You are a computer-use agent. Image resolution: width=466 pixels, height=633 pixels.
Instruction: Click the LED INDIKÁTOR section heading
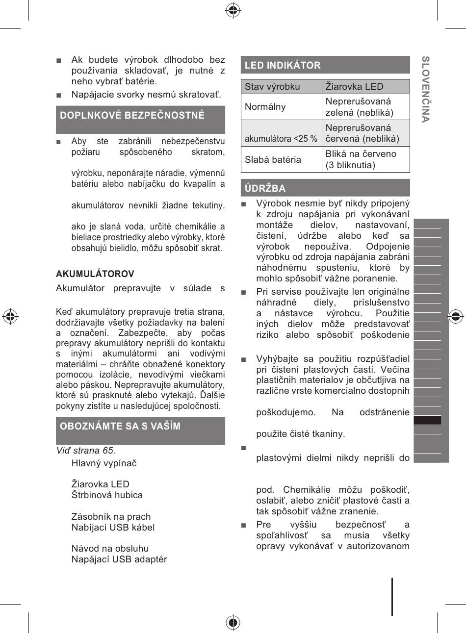(x=283, y=65)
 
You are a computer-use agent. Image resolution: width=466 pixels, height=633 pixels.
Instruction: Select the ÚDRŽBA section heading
(x=265, y=188)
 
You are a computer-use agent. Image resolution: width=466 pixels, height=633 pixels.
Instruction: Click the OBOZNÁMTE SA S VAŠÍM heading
(x=120, y=426)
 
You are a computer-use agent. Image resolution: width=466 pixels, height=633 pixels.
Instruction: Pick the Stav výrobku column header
(x=272, y=86)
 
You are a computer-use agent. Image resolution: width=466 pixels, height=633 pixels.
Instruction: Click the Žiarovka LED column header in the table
(x=354, y=86)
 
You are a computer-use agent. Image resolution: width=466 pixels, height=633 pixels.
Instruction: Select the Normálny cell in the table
(x=265, y=107)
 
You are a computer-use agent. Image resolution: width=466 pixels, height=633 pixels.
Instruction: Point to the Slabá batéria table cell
(x=273, y=159)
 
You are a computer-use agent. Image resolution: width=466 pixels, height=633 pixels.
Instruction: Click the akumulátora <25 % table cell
(x=281, y=138)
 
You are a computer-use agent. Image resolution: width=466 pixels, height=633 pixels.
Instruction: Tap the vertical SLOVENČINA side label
(x=426, y=89)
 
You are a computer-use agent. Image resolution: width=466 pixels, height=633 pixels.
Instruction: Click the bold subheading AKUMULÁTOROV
(x=95, y=274)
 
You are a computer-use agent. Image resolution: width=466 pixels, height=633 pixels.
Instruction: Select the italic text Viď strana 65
(x=86, y=450)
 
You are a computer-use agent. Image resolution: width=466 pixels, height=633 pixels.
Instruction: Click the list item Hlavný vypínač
(x=104, y=463)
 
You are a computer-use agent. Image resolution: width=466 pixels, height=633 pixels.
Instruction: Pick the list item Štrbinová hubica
(x=107, y=495)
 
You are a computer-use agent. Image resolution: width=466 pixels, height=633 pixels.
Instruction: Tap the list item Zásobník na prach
(x=111, y=516)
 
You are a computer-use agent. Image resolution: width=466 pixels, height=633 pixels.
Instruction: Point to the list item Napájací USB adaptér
(x=119, y=559)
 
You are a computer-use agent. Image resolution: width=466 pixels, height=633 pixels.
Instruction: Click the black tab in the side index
(x=427, y=420)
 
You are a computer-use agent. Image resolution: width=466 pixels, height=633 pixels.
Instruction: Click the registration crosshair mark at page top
(x=233, y=10)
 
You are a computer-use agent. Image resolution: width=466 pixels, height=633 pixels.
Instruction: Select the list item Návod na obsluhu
(x=110, y=548)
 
